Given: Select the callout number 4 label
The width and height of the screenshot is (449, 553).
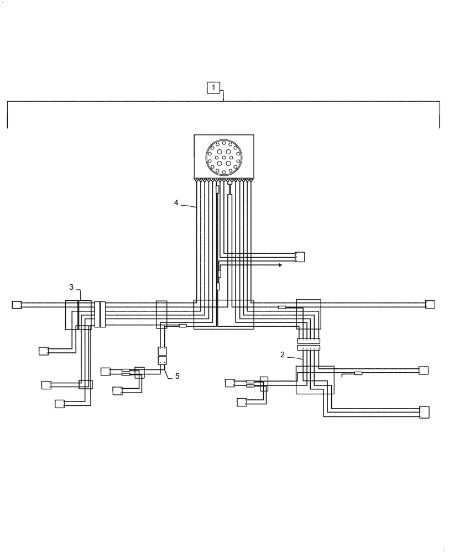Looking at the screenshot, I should [x=176, y=203].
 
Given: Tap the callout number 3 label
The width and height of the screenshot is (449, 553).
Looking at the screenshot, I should [x=71, y=286].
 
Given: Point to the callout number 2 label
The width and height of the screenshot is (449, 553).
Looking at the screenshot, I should [x=283, y=354].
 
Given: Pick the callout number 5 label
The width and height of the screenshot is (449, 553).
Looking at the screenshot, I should [x=177, y=376].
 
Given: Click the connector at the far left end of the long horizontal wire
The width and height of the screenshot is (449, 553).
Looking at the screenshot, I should [x=17, y=304].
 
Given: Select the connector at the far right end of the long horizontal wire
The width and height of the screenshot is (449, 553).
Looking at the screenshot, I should [x=430, y=304].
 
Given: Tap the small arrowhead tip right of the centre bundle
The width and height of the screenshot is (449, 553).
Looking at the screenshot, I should [x=281, y=265].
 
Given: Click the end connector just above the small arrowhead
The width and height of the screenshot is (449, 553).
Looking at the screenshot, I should [x=300, y=256].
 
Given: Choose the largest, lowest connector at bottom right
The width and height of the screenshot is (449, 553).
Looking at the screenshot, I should [x=424, y=413].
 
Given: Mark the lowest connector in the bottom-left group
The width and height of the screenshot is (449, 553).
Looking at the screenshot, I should [x=60, y=404].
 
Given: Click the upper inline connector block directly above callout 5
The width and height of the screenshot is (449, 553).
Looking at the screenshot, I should [x=163, y=351].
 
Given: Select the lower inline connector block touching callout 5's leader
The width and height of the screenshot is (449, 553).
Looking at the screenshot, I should [x=163, y=362].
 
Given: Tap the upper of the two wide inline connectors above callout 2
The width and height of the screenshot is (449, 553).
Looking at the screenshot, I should [x=309, y=341].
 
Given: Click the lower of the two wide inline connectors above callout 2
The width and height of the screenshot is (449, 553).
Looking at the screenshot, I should [x=309, y=348].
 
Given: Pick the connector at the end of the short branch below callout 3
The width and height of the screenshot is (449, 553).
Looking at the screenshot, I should [x=43, y=351].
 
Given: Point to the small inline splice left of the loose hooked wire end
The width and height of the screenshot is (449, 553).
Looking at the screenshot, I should [x=358, y=374].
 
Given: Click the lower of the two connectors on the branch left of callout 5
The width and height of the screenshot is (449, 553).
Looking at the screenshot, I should [x=117, y=391].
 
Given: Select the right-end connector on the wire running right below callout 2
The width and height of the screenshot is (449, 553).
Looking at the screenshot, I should [x=424, y=370].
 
